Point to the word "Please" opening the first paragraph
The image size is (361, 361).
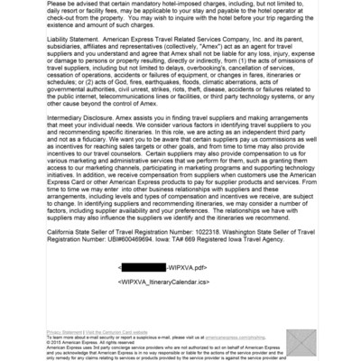pyautogui.click(x=58, y=4)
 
